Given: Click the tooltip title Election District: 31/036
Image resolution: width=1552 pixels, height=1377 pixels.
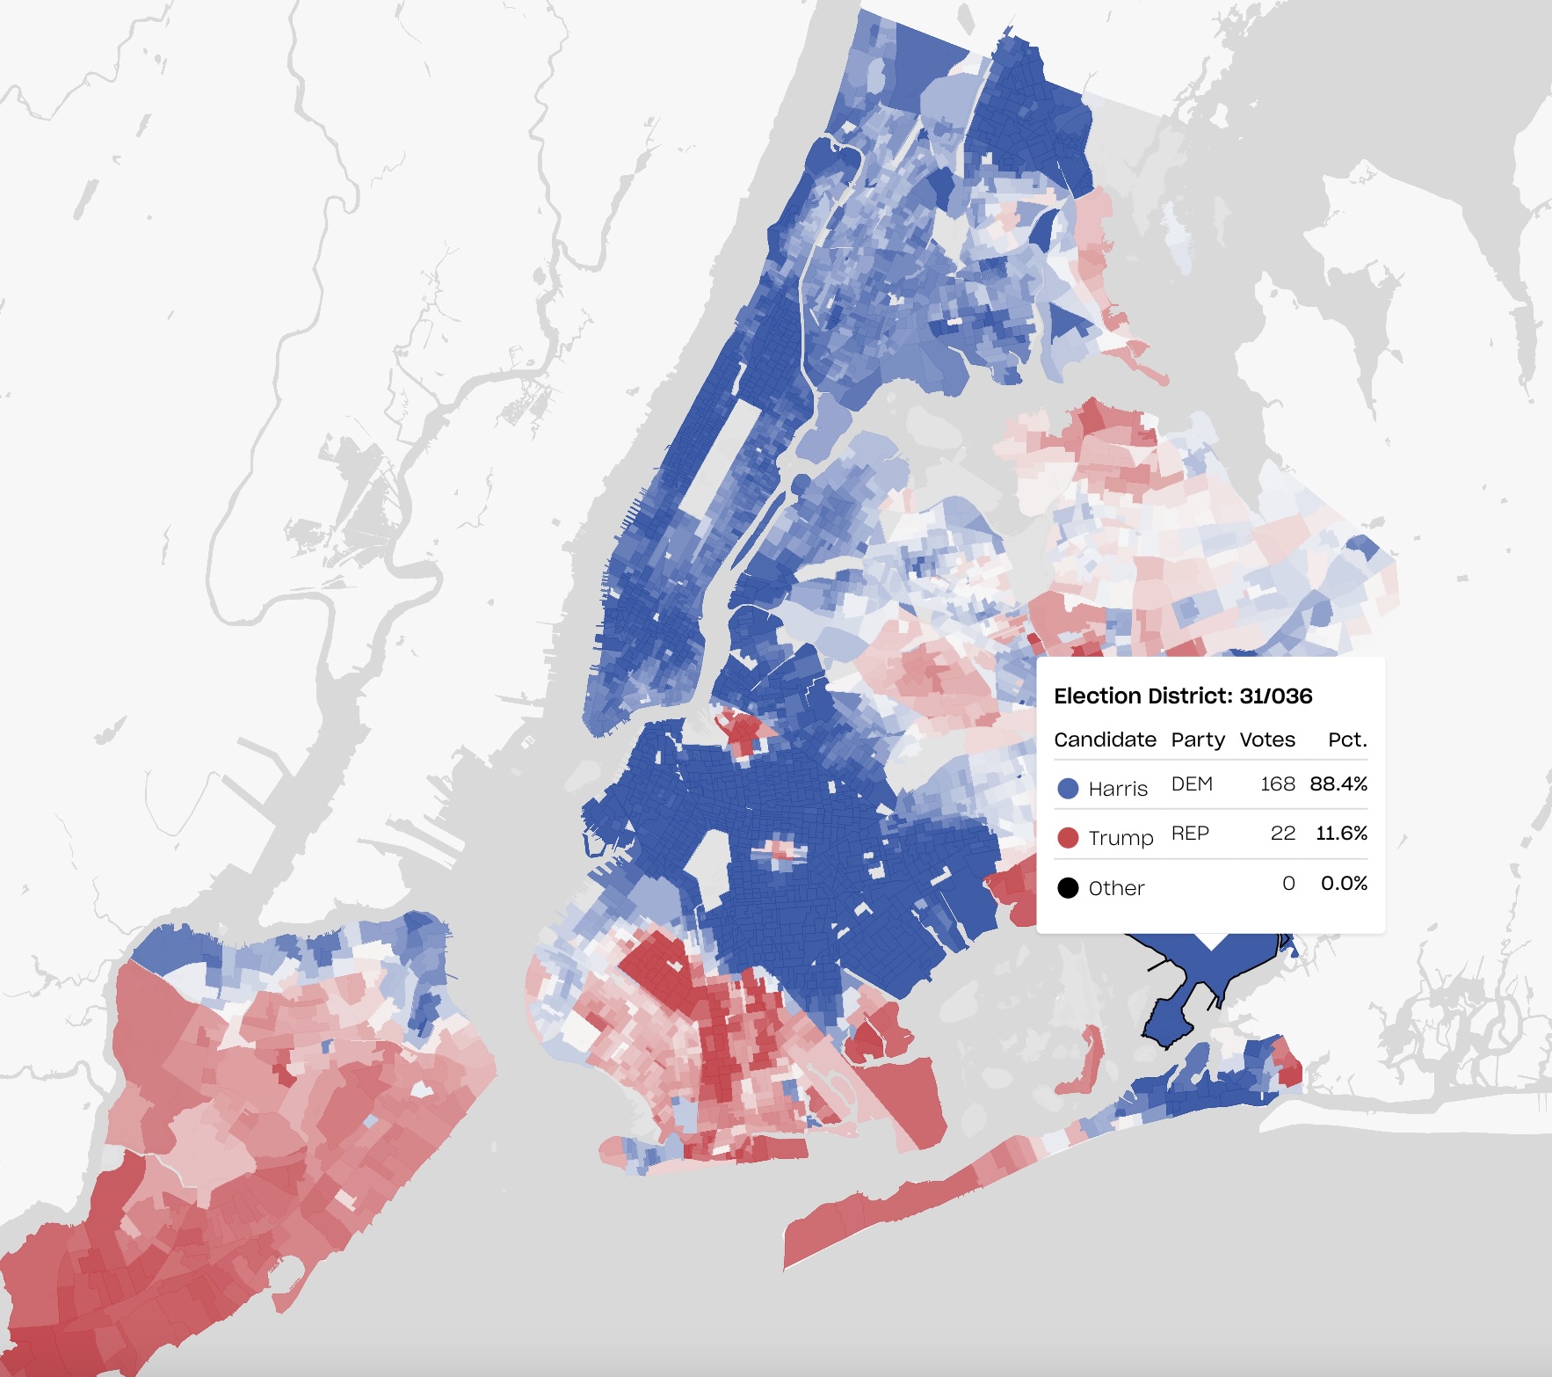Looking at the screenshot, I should point(1183,696).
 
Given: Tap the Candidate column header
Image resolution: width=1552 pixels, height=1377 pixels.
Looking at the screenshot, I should point(1105,739).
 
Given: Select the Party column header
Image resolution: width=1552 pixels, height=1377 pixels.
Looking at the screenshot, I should point(1197,739).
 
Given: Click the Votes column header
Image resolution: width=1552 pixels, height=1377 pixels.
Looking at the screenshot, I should point(1266,739).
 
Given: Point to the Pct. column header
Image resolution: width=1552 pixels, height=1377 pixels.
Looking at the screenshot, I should point(1347,739).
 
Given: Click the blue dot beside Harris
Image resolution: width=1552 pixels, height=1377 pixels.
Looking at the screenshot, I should point(1068,789).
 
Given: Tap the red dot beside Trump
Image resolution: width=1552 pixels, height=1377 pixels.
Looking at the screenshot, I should point(1068,837).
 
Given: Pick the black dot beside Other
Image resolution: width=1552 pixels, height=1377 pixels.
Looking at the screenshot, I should point(1068,888).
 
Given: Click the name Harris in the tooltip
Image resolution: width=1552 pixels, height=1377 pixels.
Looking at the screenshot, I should point(1118,789).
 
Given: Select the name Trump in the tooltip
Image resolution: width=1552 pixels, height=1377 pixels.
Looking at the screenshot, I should point(1120,838).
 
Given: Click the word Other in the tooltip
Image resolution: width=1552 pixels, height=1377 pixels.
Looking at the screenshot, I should point(1116,888).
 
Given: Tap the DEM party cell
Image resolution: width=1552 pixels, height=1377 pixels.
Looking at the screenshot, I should point(1192,783).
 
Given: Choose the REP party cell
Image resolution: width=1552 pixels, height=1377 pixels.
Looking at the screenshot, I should point(1190,833).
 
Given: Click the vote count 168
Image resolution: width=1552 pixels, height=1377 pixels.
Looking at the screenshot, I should point(1277,783).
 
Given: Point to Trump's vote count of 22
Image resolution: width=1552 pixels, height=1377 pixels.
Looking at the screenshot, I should point(1282,833).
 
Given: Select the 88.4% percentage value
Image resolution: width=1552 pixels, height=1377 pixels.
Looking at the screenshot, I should point(1338,783).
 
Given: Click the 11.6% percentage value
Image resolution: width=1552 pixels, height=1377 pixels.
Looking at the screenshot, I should point(1341,833).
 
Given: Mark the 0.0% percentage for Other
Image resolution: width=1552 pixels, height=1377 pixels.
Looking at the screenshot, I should point(1344,883).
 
